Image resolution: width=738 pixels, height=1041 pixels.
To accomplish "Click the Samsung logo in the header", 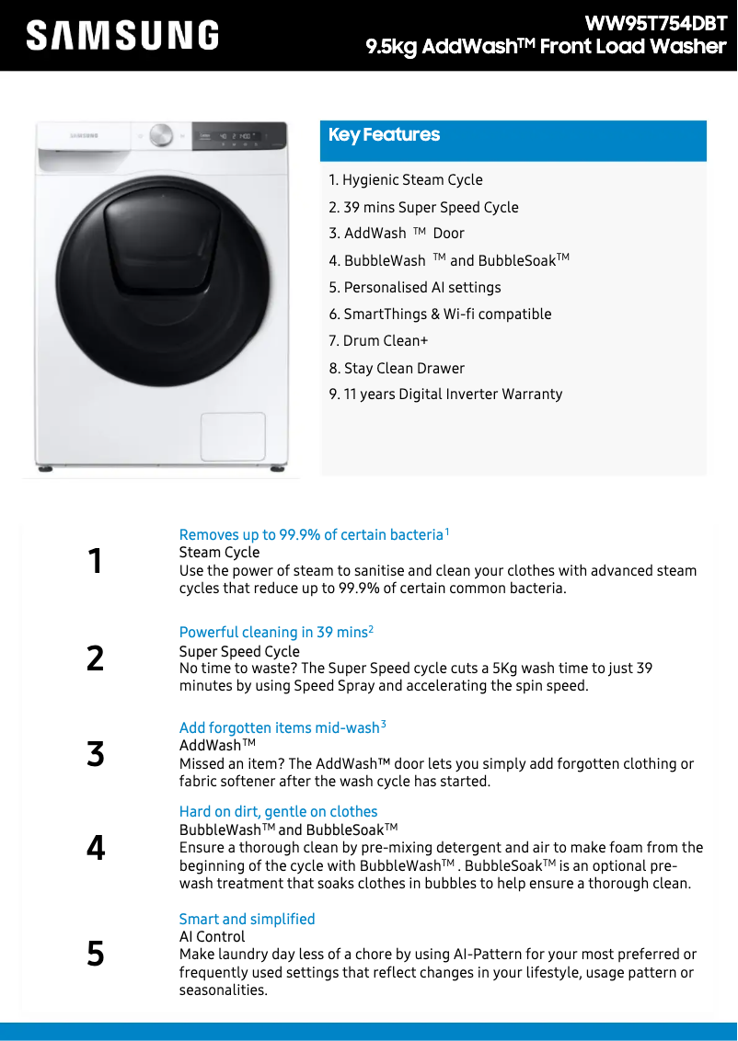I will [122, 36].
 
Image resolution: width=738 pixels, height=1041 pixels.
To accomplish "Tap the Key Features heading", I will [385, 135].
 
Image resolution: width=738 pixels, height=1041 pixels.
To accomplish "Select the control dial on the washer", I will [161, 135].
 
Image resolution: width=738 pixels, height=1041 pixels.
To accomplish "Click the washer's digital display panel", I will [238, 136].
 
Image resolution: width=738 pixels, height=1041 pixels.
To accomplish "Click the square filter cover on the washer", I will [233, 436].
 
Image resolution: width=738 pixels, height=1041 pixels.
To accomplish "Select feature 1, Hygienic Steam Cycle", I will [406, 180].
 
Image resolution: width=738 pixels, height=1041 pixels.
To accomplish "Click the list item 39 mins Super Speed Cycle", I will [423, 208].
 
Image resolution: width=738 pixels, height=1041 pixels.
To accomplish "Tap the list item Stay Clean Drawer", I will [397, 369].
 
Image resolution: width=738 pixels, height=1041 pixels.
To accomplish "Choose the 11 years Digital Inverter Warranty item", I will [445, 395].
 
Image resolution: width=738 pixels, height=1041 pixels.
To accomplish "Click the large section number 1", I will [95, 561].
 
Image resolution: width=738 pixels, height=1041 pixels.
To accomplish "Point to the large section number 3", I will [96, 754].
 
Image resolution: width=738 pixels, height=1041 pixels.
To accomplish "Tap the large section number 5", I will [96, 954].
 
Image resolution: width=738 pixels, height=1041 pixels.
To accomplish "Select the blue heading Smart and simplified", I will [247, 919].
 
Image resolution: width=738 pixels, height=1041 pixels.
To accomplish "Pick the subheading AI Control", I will [212, 936].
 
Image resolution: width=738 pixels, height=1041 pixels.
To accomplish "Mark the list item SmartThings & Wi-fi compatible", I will [440, 315].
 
